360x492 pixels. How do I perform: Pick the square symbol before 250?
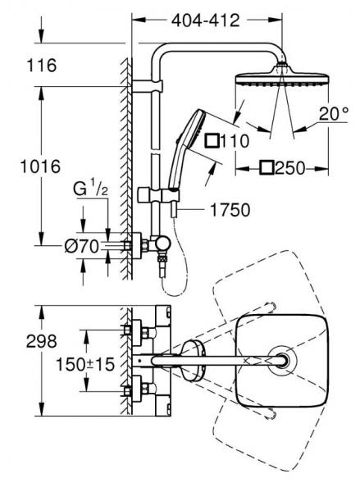coord(267,169)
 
